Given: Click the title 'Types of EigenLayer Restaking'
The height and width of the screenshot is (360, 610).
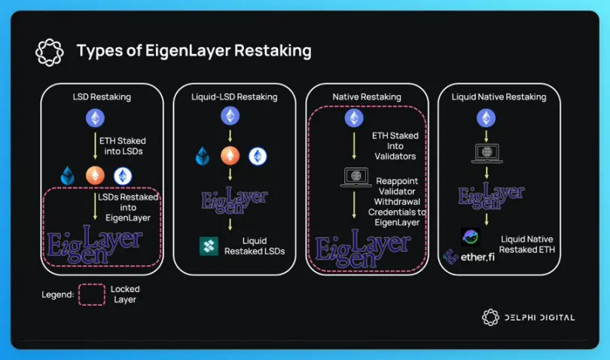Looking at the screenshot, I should (x=194, y=51).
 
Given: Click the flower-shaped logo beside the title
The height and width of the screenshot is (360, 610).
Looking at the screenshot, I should (x=50, y=52).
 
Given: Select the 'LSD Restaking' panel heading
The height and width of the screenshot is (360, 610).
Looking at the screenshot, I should (x=102, y=97).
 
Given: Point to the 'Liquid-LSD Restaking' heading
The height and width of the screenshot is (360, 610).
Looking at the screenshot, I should (x=235, y=97).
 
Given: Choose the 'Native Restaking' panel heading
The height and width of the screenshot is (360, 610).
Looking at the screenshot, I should (x=367, y=97).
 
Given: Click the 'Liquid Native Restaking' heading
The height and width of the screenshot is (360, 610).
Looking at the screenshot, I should (x=499, y=97).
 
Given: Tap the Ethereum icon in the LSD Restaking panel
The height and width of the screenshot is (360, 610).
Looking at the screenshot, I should (x=95, y=118).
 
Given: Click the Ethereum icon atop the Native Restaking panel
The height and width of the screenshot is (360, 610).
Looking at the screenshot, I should (x=353, y=119).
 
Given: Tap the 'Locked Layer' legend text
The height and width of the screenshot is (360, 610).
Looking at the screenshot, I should (x=125, y=294).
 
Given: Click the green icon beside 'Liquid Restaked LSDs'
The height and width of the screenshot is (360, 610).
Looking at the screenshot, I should (x=209, y=246).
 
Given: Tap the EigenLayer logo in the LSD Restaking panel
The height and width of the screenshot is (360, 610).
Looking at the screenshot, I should (x=95, y=243).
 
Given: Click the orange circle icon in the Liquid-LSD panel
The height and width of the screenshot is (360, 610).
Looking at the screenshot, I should (x=229, y=156).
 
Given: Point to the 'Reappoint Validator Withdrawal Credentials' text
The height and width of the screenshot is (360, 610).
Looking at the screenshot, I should (x=401, y=197).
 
